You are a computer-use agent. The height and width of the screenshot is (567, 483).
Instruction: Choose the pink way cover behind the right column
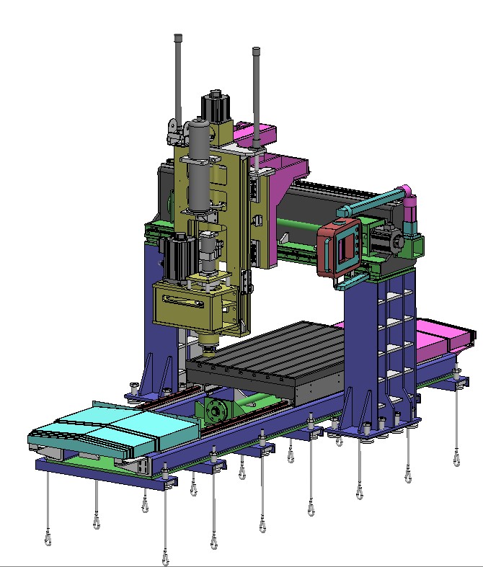tap(440, 335)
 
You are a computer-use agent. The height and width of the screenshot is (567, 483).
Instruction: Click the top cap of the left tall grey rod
tap(178, 37)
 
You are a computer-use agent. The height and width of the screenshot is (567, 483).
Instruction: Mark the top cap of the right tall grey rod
tap(256, 51)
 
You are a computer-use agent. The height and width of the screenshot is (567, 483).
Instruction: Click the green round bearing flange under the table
tap(216, 412)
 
